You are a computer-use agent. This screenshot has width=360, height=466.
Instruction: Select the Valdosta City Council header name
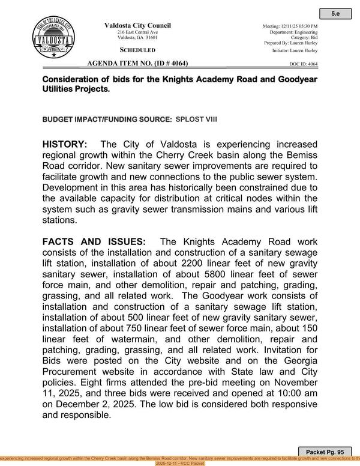pyautogui.click(x=137, y=25)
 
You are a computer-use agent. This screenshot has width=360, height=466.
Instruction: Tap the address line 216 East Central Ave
pyautogui.click(x=137, y=32)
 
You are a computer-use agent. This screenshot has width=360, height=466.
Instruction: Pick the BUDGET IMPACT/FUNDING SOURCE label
pyautogui.click(x=107, y=120)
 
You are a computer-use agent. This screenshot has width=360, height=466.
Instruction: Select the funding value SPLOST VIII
pyautogui.click(x=196, y=120)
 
